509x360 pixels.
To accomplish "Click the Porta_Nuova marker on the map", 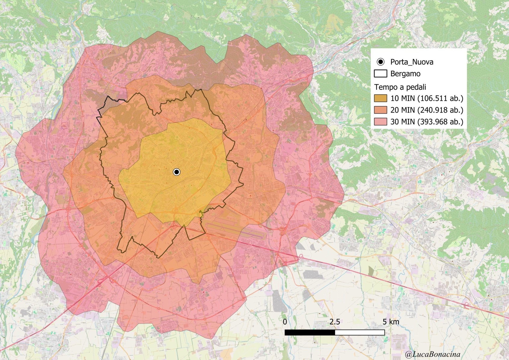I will coord(177,172).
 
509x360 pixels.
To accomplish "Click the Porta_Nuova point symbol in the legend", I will coord(381,62).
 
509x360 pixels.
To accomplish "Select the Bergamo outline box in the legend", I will coord(381,74).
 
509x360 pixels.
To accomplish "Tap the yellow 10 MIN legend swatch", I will coord(381,98).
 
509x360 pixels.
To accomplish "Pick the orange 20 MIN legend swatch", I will coord(381,110).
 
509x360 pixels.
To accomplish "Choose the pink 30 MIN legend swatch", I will coord(381,122).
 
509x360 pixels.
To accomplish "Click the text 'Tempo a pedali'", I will coord(400,87).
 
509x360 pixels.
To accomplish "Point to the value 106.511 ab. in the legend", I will coord(440,98).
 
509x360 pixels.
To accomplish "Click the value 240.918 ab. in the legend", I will coord(440,110).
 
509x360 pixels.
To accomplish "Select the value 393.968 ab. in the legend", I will coord(440,122).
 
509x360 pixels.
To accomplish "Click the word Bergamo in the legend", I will coord(405,74).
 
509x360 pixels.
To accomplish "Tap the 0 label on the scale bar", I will coord(285,322).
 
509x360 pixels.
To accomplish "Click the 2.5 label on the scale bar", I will coord(335,322).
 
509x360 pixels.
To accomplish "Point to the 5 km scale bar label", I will coord(391,322).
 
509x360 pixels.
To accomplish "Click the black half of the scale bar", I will coord(310,332).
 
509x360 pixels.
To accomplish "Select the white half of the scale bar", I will coord(360,332).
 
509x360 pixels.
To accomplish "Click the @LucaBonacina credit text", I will coord(433,354).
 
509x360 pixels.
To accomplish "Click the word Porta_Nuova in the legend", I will coord(412,62).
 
